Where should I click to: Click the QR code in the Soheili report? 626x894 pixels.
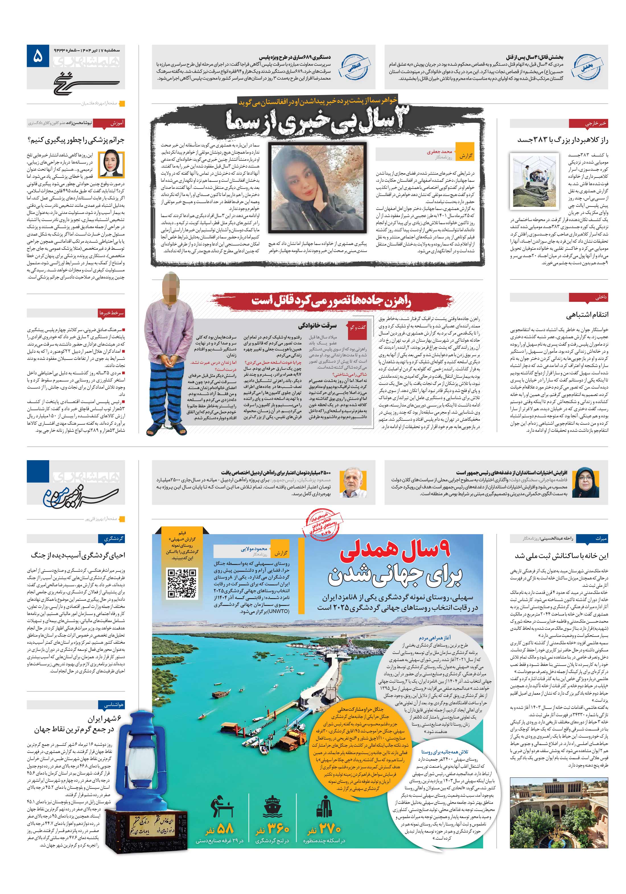click(x=182, y=583)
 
